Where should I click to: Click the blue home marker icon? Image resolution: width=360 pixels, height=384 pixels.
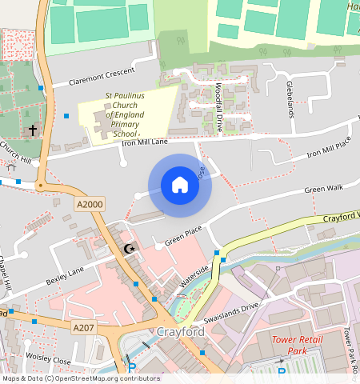[x=180, y=186]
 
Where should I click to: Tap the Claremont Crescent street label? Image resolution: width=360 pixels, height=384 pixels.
[x=102, y=76]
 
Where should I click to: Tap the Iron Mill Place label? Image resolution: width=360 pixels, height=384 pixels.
[x=330, y=147]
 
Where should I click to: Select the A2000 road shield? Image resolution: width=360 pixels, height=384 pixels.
[x=90, y=206]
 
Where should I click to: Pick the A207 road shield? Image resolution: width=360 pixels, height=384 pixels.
[x=82, y=328]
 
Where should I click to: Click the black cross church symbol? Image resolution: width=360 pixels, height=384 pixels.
[x=33, y=129]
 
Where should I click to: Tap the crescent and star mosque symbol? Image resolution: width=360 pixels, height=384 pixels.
[x=130, y=249]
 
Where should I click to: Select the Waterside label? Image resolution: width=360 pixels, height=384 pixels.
[x=194, y=274]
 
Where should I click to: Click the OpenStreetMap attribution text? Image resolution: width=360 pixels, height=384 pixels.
[x=80, y=378]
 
